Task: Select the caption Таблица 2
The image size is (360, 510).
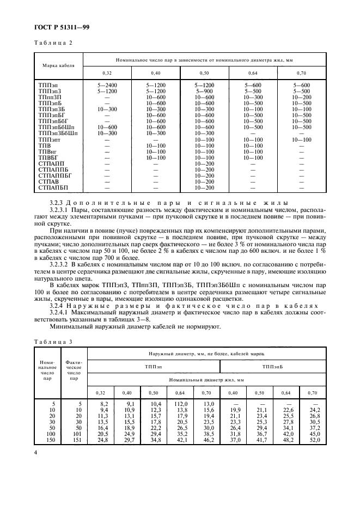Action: pyautogui.click(x=53, y=42)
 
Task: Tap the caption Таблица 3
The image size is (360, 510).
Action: pyautogui.click(x=53, y=342)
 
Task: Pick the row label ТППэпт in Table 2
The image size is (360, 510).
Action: pyautogui.click(x=50, y=139)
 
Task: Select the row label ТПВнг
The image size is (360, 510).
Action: pyautogui.click(x=48, y=151)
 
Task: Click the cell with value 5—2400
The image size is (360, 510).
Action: pyautogui.click(x=106, y=86)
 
